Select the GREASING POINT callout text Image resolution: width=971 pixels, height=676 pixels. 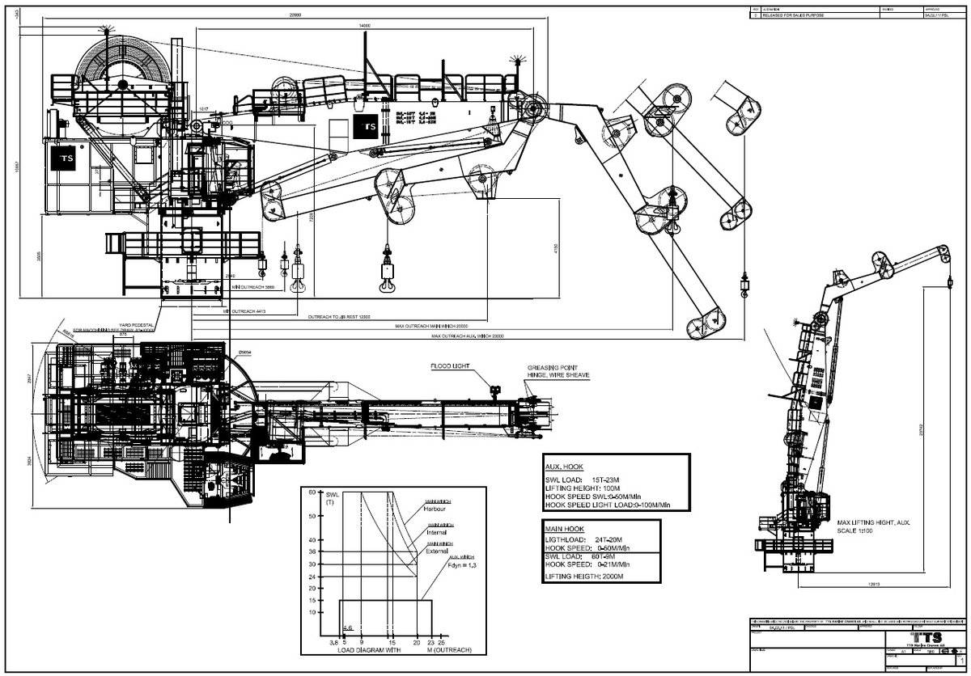click(x=549, y=366)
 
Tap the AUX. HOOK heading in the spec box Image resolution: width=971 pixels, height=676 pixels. click(x=563, y=467)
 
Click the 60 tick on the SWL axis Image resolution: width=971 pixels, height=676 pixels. click(x=312, y=492)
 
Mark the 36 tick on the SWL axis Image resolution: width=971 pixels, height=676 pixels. click(x=312, y=552)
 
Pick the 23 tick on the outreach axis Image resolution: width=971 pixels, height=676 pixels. click(x=431, y=642)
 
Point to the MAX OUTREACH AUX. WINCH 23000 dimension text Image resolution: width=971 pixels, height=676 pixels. click(x=469, y=336)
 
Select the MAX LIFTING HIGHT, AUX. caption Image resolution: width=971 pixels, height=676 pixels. click(x=874, y=523)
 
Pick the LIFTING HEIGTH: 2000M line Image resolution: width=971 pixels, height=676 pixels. click(x=588, y=576)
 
